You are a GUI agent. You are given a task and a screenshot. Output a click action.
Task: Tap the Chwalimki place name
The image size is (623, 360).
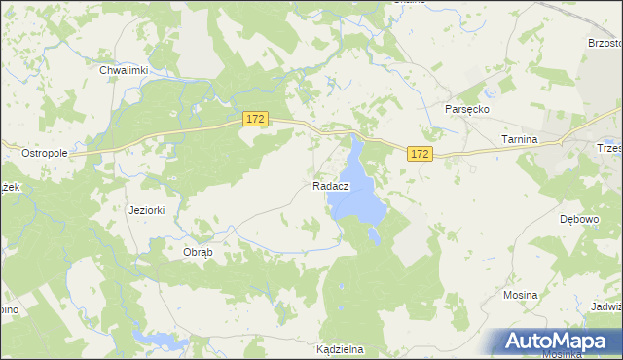(124, 70)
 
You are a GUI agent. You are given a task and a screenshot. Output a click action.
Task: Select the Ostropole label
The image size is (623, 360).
(44, 154)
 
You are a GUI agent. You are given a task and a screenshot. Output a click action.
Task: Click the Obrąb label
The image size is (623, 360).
(198, 251)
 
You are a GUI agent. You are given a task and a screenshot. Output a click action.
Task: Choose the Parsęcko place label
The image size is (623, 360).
(467, 110)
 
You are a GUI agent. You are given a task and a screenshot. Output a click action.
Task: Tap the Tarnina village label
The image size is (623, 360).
(519, 140)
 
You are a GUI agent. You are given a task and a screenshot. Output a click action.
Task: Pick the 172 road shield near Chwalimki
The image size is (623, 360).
(255, 119)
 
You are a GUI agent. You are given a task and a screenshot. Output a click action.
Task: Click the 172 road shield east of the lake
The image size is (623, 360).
(420, 155)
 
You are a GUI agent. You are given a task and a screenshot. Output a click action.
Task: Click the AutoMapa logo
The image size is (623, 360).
(558, 341)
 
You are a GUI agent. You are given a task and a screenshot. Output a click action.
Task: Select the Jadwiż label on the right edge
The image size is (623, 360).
(605, 306)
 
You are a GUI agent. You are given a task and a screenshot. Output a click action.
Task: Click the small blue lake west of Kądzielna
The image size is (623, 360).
(156, 338)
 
